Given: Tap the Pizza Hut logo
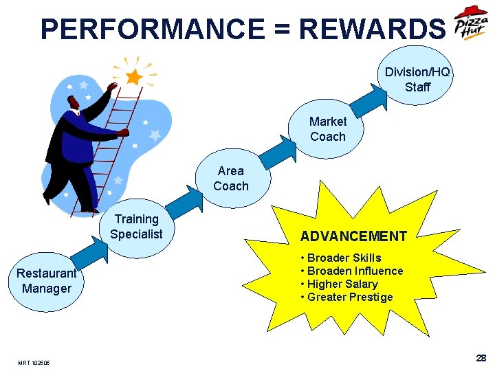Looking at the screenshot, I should click(472, 26).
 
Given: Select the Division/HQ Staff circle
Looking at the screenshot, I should click(417, 79).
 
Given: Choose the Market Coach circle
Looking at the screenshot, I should click(328, 128).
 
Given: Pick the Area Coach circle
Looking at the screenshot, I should click(231, 178).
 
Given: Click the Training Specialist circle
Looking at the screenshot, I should click(137, 227).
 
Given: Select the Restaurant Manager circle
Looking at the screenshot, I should click(46, 281).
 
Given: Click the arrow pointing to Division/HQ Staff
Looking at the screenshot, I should click(371, 103).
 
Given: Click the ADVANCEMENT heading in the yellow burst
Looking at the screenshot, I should click(353, 236).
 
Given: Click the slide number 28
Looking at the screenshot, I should click(481, 358).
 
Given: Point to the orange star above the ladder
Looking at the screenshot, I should click(134, 76).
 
